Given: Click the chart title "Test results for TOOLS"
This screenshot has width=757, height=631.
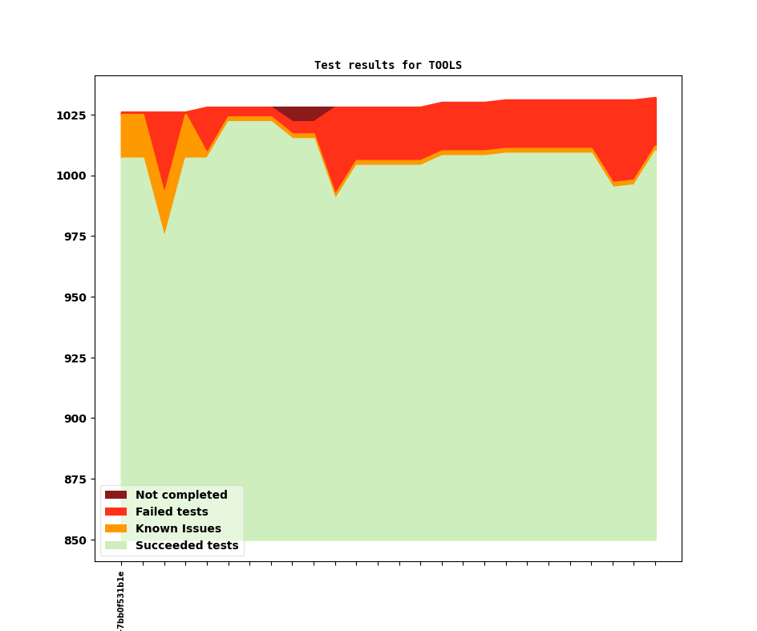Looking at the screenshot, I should pyautogui.click(x=387, y=65).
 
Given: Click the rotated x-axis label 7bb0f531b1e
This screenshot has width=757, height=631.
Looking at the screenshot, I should pyautogui.click(x=121, y=600).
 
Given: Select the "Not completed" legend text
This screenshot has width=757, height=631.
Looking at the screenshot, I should pyautogui.click(x=181, y=495).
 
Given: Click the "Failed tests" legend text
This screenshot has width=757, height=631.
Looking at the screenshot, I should pyautogui.click(x=172, y=512).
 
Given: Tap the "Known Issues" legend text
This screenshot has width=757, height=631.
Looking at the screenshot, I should pyautogui.click(x=178, y=529).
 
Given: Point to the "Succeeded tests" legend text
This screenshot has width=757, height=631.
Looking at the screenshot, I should pyautogui.click(x=187, y=546).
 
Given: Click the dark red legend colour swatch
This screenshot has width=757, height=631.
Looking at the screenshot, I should pyautogui.click(x=115, y=495).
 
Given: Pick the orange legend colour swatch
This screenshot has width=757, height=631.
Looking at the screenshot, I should pyautogui.click(x=115, y=529).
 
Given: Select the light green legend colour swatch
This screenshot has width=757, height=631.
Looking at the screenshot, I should pyautogui.click(x=115, y=546).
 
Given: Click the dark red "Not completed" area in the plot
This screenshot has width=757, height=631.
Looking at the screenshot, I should pyautogui.click(x=303, y=113).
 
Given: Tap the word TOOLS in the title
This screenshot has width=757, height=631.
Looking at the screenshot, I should pyautogui.click(x=445, y=65).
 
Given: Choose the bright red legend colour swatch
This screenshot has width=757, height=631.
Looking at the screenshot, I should pyautogui.click(x=115, y=512).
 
